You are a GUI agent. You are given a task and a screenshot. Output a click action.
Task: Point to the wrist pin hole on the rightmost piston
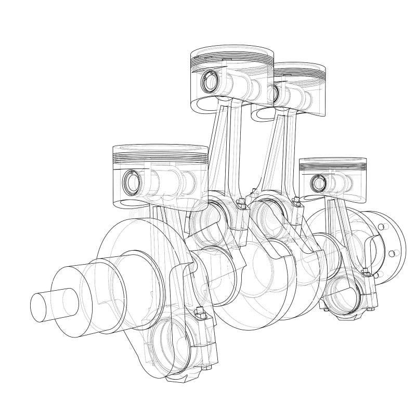point(317,183)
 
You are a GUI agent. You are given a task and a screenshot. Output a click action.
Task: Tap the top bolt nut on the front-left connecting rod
point(198,314)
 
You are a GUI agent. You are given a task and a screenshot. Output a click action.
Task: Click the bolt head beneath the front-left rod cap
point(207,368)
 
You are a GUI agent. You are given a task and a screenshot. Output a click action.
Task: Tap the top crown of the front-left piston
point(160,149)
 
